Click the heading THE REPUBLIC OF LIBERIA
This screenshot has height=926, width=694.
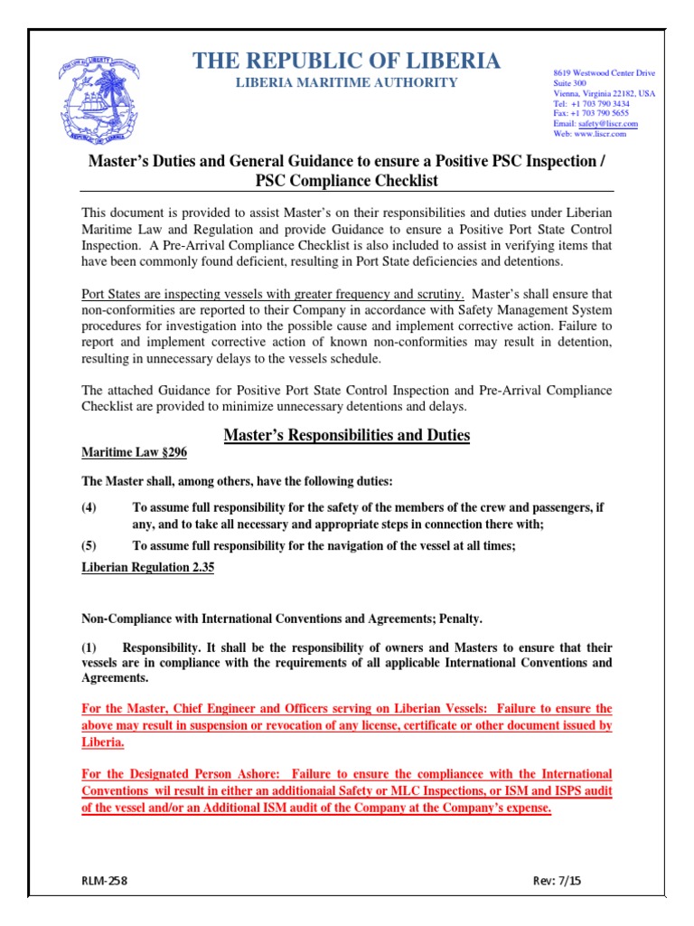[346, 61]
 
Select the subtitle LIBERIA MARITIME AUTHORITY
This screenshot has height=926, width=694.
[346, 83]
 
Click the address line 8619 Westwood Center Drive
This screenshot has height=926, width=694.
[604, 73]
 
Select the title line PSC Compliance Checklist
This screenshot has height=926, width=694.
[346, 180]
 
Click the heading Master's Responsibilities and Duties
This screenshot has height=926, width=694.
[346, 435]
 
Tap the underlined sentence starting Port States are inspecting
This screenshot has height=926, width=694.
[273, 294]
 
